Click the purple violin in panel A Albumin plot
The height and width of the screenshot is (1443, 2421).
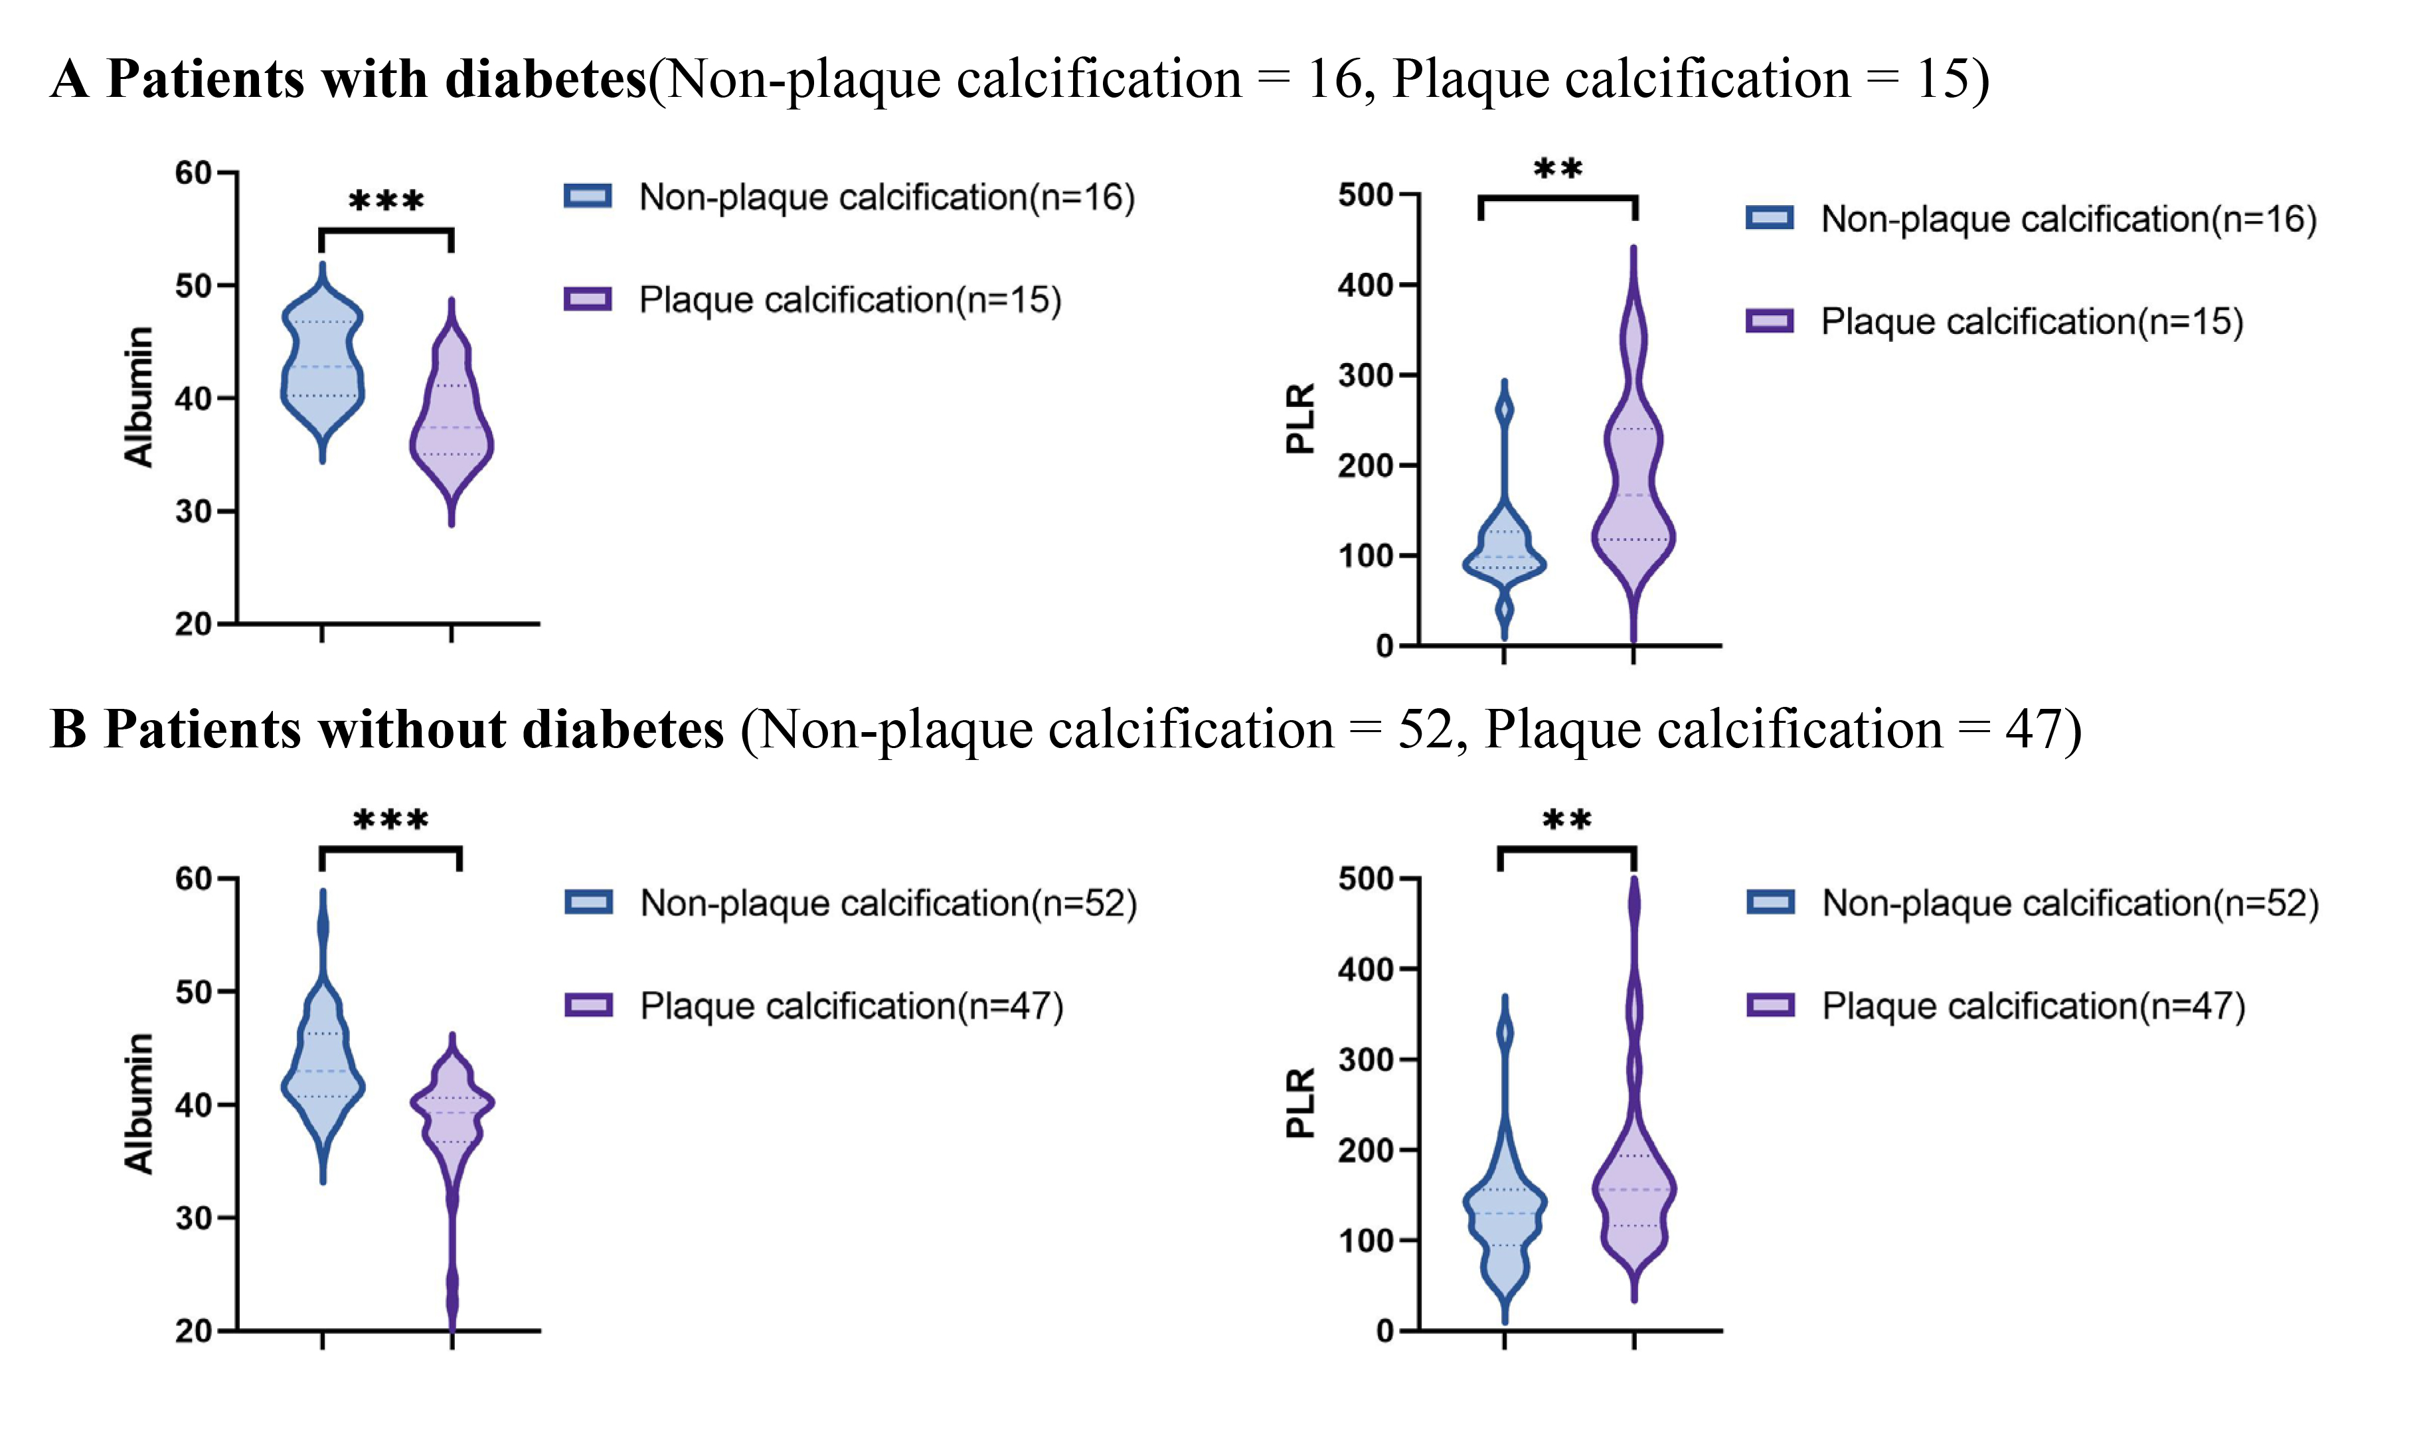point(452,428)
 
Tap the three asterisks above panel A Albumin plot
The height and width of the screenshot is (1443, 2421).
point(386,201)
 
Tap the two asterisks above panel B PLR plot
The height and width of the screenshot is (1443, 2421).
point(1567,820)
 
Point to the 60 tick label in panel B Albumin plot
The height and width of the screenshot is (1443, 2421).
point(194,878)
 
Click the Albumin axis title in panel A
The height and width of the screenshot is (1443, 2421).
point(139,397)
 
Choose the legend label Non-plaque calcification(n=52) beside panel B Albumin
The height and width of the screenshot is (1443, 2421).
point(888,903)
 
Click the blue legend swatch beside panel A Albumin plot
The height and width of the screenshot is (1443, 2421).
point(588,196)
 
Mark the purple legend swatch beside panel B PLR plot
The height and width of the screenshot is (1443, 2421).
point(1770,1006)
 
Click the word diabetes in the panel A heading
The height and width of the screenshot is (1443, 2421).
point(546,79)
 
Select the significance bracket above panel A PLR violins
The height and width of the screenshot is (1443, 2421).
point(1557,199)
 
